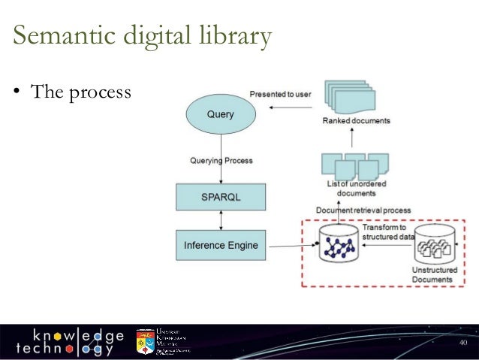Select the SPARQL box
pos(220,196)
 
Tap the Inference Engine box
pos(221,245)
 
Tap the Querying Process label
pos(221,160)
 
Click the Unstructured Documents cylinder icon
pos(435,243)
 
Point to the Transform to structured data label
pos(386,231)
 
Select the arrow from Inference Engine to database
pos(291,246)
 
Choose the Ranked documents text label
pos(356,120)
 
